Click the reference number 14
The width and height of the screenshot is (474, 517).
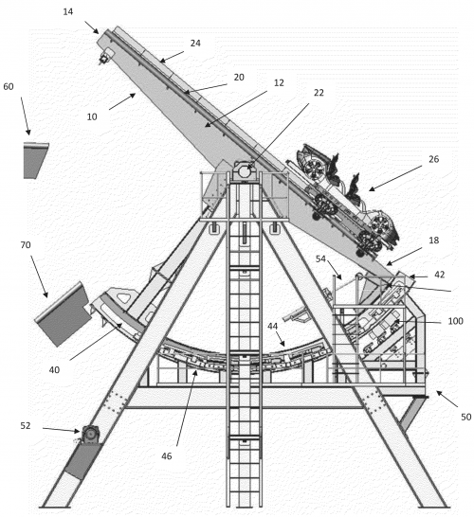pos(68,12)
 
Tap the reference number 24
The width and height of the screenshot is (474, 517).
pos(195,44)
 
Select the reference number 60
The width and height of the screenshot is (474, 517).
pos(9,87)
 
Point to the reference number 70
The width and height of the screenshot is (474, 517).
pos(26,245)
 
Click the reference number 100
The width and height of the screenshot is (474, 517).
pos(455,321)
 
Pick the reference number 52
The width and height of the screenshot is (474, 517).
pos(26,426)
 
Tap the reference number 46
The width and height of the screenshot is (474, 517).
pos(166,456)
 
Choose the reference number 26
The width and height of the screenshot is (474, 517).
pos(434,159)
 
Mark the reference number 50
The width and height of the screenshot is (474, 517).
pos(465,417)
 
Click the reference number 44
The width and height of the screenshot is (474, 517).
pos(272,326)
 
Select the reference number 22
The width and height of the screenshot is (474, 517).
pos(319,93)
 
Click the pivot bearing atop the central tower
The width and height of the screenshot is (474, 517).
pos(245,171)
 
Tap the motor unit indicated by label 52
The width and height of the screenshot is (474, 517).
pos(90,435)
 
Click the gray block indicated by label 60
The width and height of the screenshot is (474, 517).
pos(34,160)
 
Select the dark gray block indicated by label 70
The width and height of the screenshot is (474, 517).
pos(63,314)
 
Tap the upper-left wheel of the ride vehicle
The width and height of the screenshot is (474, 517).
pos(312,167)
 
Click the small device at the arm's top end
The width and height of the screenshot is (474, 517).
pos(104,59)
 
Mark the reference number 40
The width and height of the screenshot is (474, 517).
pos(54,370)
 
